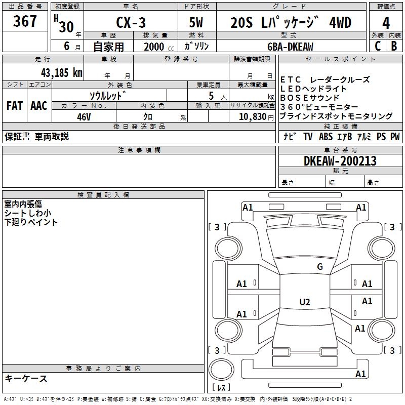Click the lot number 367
click(x=25, y=21)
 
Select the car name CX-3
click(x=131, y=22)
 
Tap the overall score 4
click(x=386, y=23)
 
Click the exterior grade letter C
click(x=378, y=46)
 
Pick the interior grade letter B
click(x=394, y=46)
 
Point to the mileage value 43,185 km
click(x=62, y=73)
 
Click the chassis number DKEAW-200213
click(x=340, y=161)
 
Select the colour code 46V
click(x=84, y=117)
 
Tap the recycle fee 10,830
click(x=252, y=116)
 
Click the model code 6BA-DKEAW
click(x=290, y=47)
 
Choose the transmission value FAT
click(x=15, y=106)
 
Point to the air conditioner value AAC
click(x=39, y=106)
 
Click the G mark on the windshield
click(x=320, y=266)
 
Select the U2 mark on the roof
click(x=305, y=302)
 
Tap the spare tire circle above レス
click(x=221, y=370)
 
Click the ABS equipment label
click(x=326, y=136)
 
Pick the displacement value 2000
click(x=154, y=47)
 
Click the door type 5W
click(x=196, y=22)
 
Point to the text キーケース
click(x=26, y=378)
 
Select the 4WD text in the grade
click(x=340, y=22)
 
